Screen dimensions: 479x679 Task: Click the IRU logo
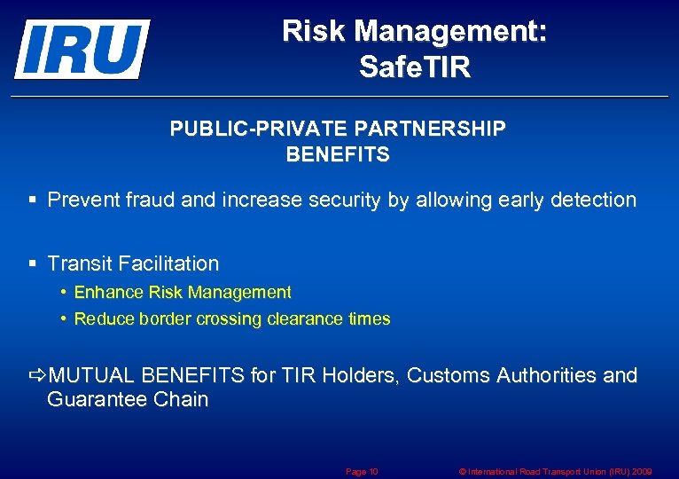(82, 49)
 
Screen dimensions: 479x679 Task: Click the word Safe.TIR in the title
(415, 67)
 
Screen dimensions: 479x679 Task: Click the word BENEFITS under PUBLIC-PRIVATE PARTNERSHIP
(338, 154)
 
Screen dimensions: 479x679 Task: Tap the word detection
(593, 200)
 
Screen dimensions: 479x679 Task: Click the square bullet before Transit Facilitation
(32, 263)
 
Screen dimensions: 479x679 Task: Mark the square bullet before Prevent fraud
(32, 200)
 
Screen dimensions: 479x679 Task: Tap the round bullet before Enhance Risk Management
(65, 292)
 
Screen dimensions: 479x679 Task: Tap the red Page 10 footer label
(362, 471)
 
